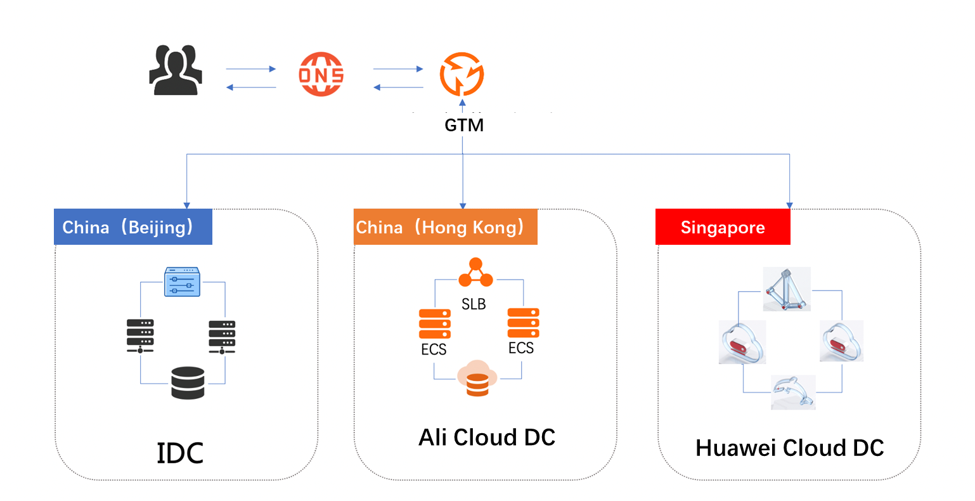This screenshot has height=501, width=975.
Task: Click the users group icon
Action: pos(176,70)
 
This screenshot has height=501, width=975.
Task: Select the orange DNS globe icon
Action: pos(321,74)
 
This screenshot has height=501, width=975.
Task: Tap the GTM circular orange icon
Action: pos(462,74)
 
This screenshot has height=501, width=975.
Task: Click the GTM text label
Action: pos(464,126)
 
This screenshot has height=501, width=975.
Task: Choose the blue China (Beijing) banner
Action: pos(133,227)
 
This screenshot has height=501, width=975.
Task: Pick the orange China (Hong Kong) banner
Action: pos(445,227)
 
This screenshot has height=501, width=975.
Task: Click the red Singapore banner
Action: pos(723,227)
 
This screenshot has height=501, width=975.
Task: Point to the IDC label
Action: pos(180,453)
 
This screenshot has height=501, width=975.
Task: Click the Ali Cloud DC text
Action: pos(487,438)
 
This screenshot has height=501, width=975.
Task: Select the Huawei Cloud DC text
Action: pos(789,448)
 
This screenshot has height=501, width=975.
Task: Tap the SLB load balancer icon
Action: pos(475,273)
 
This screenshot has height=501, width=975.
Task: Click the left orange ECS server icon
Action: pos(435,324)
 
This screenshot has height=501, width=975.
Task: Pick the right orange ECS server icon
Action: pos(523,323)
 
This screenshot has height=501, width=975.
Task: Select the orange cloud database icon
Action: pos(477,379)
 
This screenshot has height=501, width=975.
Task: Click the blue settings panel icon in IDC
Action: pos(182,282)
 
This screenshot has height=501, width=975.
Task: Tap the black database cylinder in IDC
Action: pos(188,383)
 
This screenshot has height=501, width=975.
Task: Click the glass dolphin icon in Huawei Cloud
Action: pos(793,392)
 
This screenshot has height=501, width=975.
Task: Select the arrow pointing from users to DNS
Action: pos(251,68)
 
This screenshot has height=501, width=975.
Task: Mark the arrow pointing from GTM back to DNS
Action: pos(398,88)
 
